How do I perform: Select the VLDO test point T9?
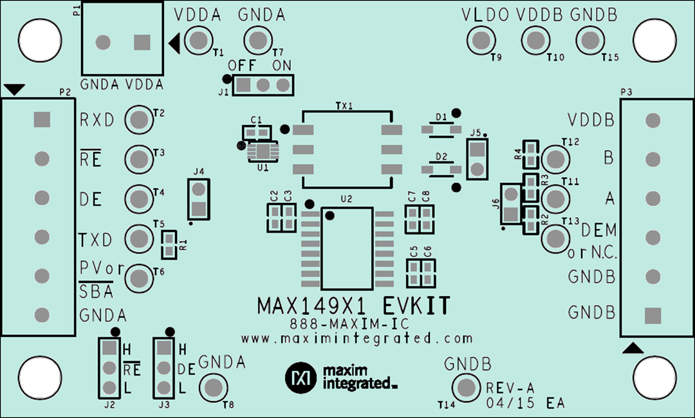479,41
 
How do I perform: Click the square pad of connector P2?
42,119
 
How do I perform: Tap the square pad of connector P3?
653,315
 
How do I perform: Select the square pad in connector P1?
142,43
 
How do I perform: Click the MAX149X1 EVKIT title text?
353,304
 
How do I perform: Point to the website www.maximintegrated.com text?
357,338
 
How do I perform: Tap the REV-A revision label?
511,388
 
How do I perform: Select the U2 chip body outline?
347,248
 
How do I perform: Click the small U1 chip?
263,152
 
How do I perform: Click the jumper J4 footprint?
199,199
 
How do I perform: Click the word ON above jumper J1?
282,66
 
